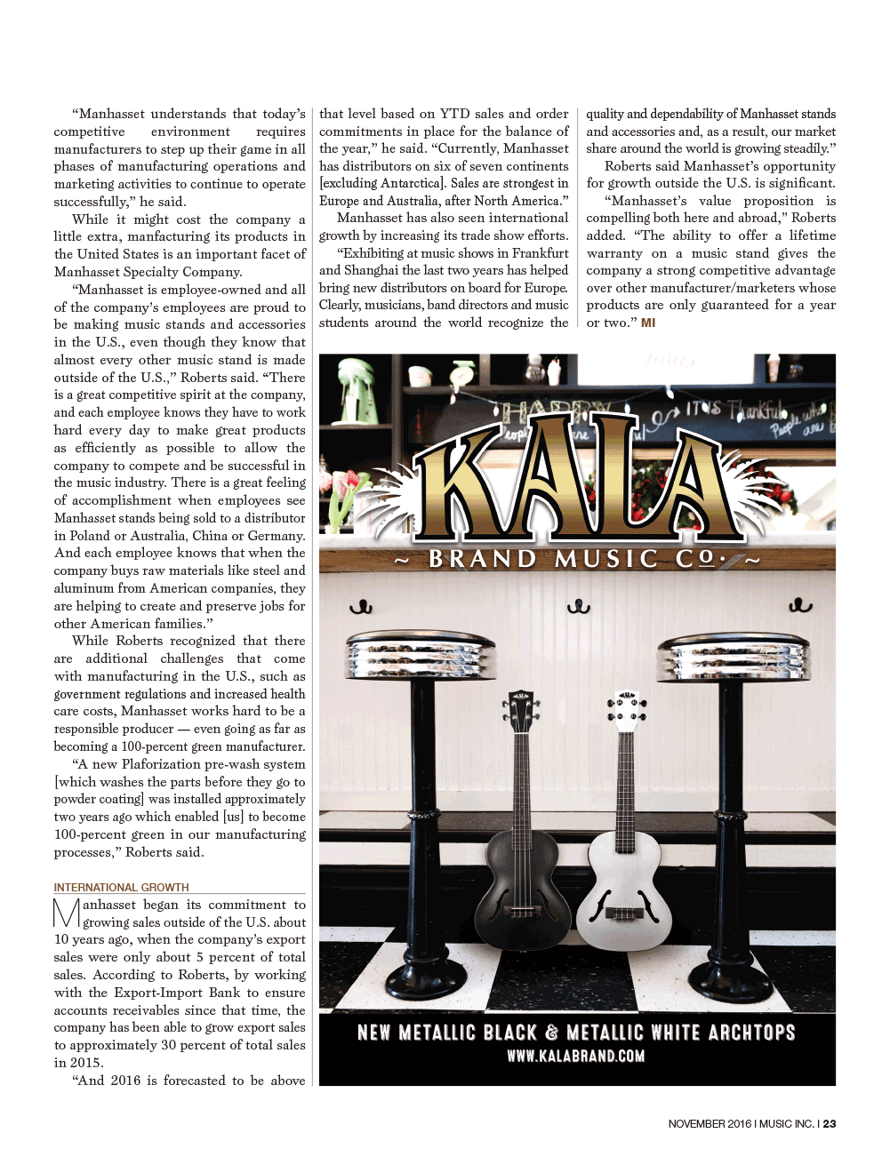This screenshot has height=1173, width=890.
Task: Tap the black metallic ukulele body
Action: tap(522, 898)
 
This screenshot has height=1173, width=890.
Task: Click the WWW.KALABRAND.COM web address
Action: tap(576, 1057)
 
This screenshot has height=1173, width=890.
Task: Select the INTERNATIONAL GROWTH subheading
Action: tap(121, 887)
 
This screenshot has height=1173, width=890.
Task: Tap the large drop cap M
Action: tap(67, 914)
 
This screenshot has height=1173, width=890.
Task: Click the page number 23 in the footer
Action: tap(829, 1124)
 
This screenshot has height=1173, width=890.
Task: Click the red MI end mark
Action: tap(648, 323)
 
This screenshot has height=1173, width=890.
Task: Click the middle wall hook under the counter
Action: tap(579, 607)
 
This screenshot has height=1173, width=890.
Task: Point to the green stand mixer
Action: tap(361, 391)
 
